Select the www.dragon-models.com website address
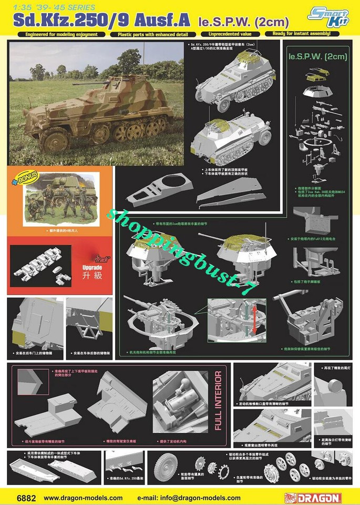[83, 497]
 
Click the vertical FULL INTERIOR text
[218, 400]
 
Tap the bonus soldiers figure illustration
[60, 196]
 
